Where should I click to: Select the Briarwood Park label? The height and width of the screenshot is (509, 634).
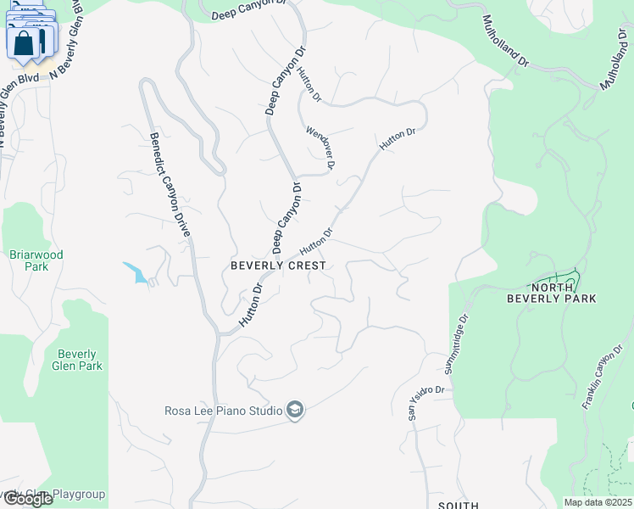[36, 260]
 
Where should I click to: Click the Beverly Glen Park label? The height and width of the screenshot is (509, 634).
[77, 360]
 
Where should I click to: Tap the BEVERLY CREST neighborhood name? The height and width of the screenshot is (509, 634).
[278, 266]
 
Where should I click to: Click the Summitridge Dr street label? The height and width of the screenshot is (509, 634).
[456, 346]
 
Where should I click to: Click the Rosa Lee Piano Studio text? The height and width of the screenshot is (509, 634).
[223, 411]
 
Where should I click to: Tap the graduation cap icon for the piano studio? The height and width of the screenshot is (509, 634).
[294, 411]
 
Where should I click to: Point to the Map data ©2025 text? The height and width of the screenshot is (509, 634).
[598, 502]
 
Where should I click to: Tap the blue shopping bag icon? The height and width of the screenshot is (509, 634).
[25, 42]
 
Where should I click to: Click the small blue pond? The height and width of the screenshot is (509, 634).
[136, 272]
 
